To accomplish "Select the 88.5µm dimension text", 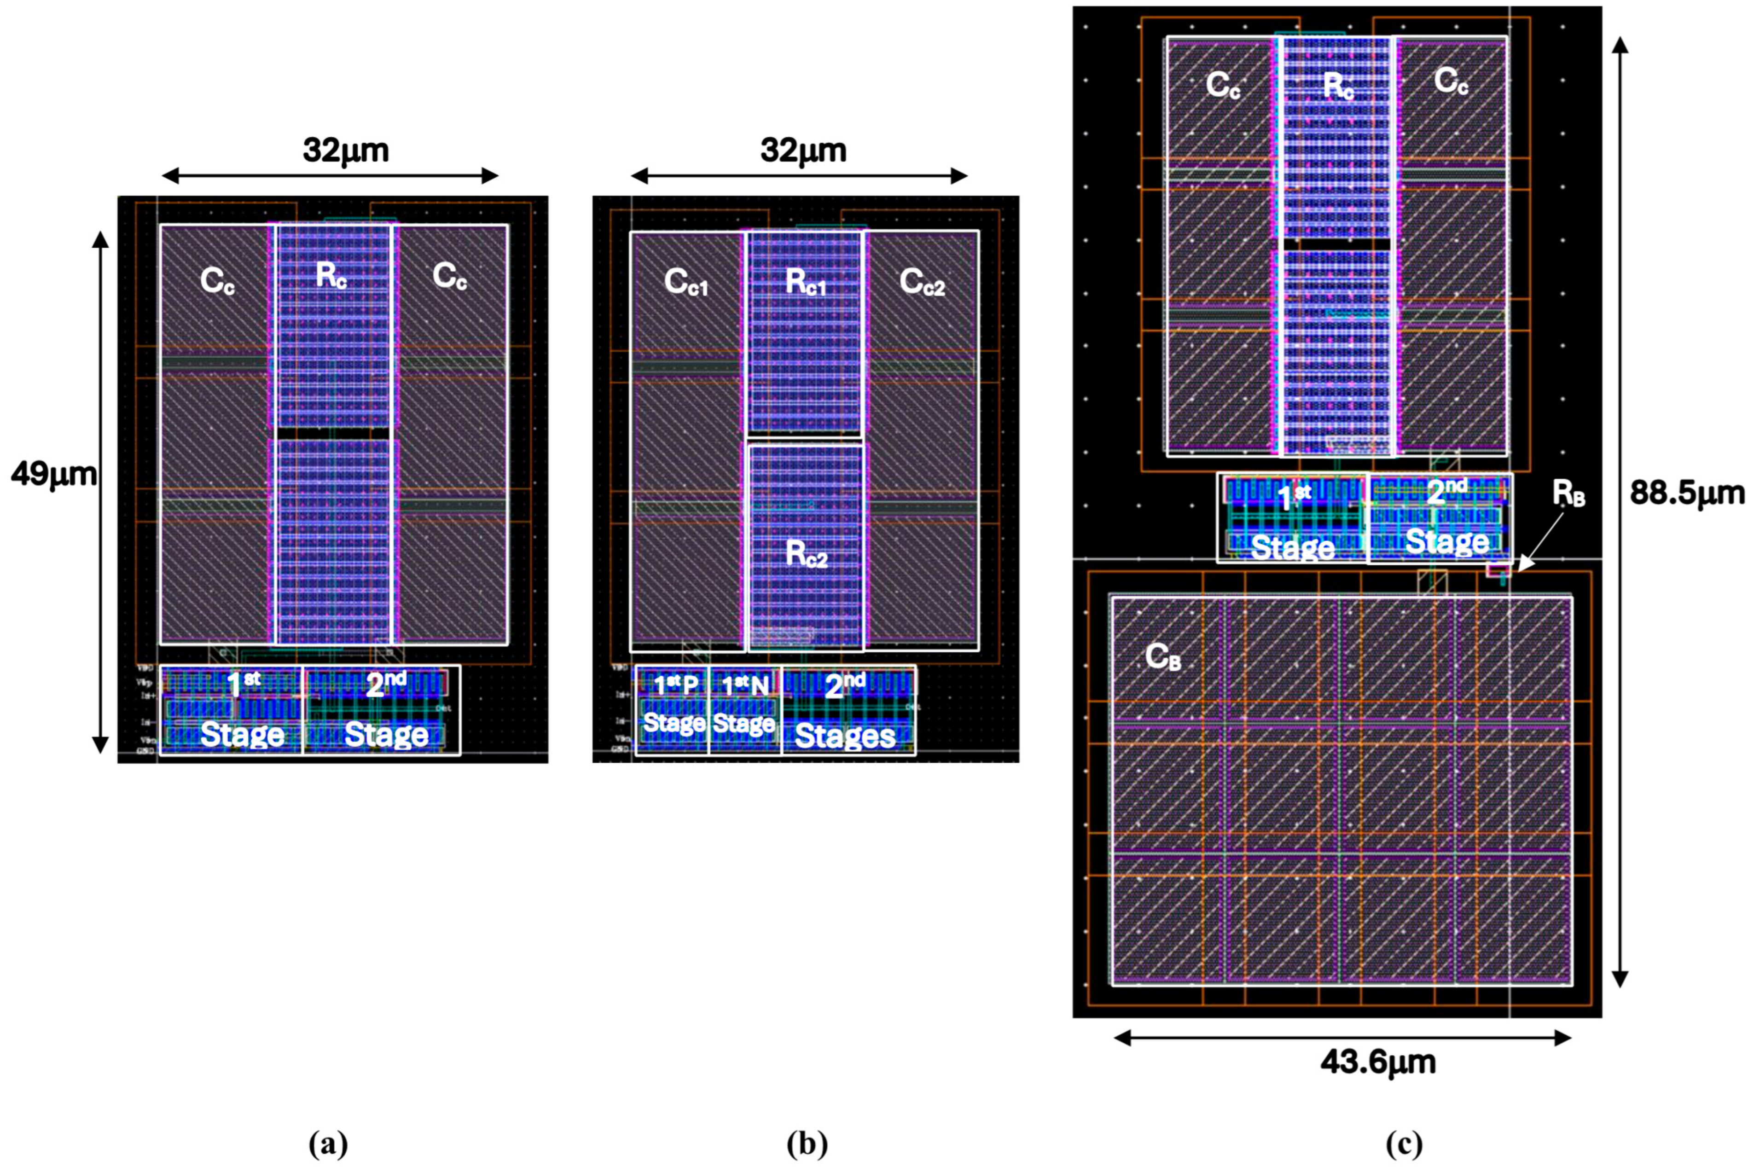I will coord(1687,494).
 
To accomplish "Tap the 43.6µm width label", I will coord(1378,1063).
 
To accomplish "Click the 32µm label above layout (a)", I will coord(346,151).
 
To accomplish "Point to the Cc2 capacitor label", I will coord(922,282).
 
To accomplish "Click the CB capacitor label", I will coord(1163,657).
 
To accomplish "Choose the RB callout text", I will coord(1568,494).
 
